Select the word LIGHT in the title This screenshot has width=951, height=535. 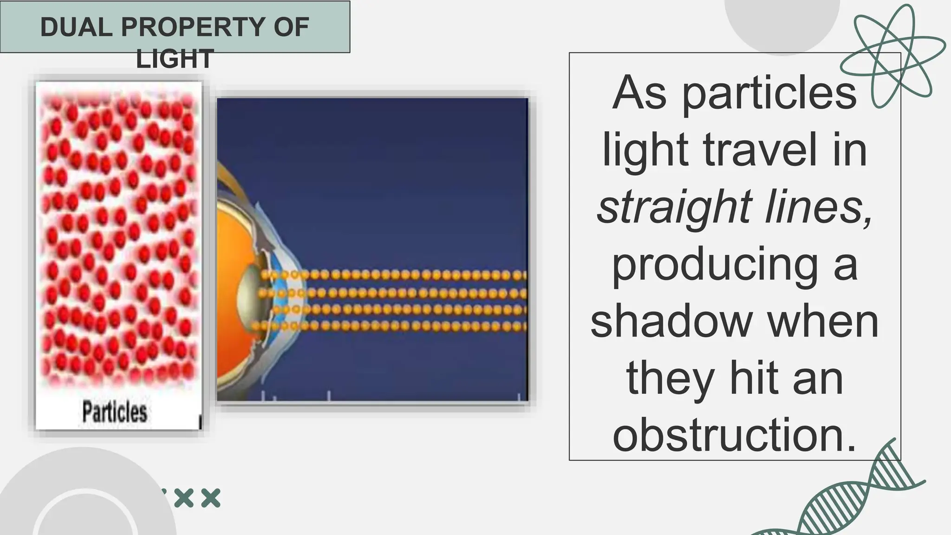[175, 59]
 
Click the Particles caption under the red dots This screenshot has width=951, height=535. [115, 412]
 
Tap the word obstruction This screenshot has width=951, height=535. [734, 435]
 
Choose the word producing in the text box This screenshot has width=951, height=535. [715, 266]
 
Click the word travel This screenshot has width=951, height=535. [760, 150]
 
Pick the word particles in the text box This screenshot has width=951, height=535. [769, 93]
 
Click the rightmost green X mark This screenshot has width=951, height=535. [211, 498]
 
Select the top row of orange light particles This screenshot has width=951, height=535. [395, 275]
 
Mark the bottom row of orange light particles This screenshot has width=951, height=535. [395, 326]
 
